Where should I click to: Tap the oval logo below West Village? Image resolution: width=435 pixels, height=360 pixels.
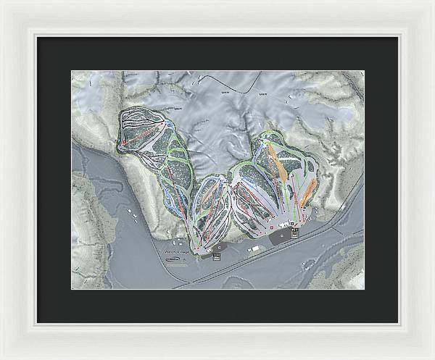pos(174,261)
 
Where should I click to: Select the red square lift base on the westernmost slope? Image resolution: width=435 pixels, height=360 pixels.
pos(124,143)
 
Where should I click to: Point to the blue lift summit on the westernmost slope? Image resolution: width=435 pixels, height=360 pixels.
pos(168,125)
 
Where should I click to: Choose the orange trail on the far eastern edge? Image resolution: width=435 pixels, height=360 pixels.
pos(307,191)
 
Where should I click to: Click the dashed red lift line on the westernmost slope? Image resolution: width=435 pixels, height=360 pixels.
pos(145,134)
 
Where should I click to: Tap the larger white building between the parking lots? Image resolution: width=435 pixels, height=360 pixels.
pos(254,248)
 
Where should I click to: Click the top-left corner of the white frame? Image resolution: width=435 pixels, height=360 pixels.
pos(2,2)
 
